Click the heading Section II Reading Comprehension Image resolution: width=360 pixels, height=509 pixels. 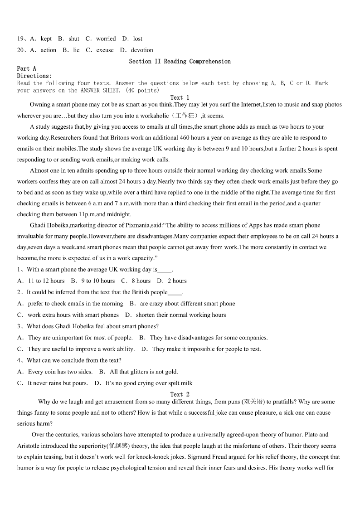click(180, 61)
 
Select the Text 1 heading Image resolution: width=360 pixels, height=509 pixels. click(180, 97)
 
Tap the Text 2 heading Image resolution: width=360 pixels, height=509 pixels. click(180, 394)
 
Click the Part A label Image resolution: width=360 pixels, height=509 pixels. click(26, 68)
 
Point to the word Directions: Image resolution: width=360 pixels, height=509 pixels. click(34, 76)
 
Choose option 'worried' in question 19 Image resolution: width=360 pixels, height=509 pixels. click(106, 39)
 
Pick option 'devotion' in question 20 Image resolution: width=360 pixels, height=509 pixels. click(142, 50)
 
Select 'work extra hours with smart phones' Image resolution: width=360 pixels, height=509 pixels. click(73, 315)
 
